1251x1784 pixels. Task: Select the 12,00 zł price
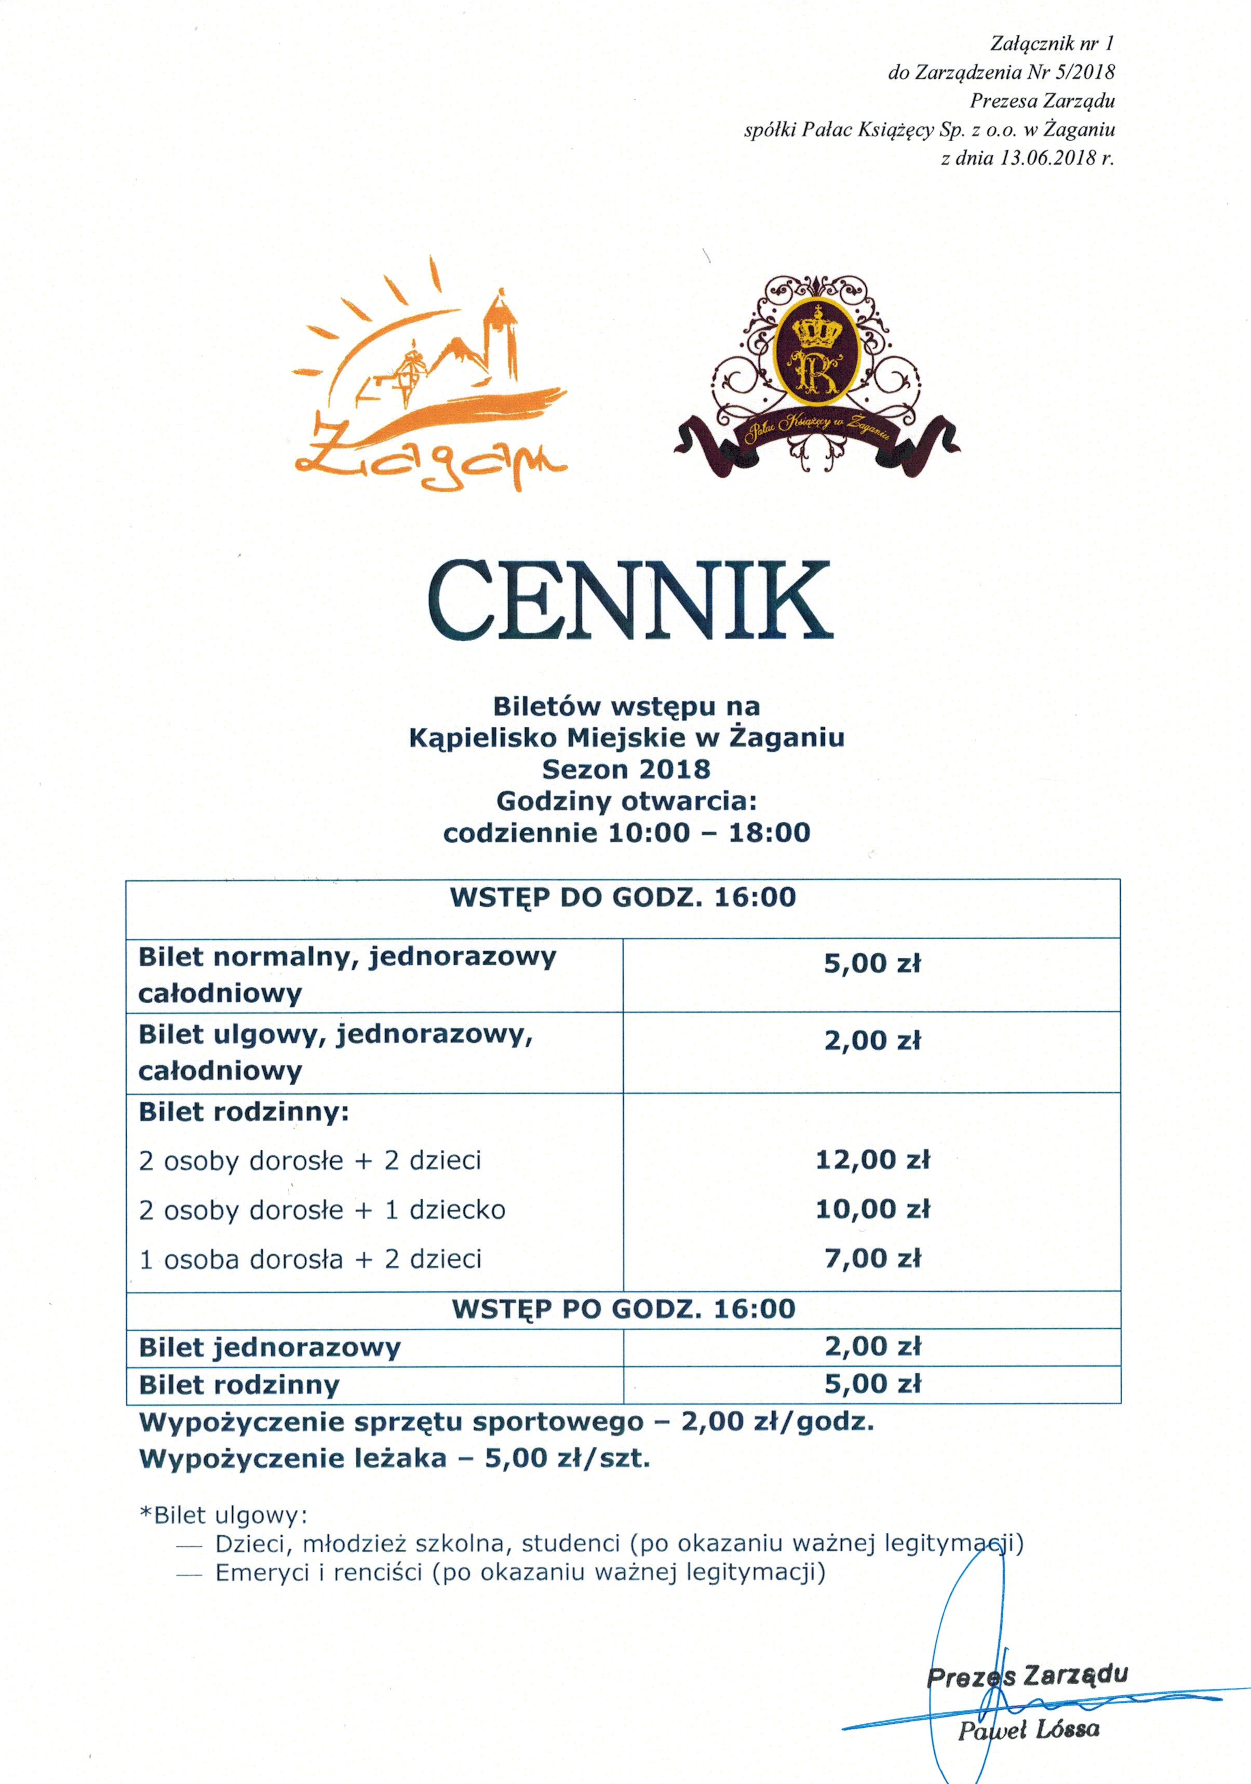(x=872, y=1160)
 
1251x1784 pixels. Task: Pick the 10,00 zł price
(x=872, y=1209)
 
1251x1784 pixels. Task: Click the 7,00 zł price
(x=872, y=1258)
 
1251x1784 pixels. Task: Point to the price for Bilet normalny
(x=872, y=964)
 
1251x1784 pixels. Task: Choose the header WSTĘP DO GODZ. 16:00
(x=623, y=897)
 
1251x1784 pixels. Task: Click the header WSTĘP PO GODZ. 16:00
(x=623, y=1308)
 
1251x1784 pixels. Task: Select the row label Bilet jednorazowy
(x=270, y=1347)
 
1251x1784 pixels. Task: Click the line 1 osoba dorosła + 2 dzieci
(x=310, y=1259)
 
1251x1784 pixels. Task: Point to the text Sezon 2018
(x=625, y=769)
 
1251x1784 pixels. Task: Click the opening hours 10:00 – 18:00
(x=709, y=833)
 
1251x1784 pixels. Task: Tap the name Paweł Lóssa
(x=1027, y=1731)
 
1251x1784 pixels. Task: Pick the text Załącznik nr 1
(x=1052, y=44)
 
